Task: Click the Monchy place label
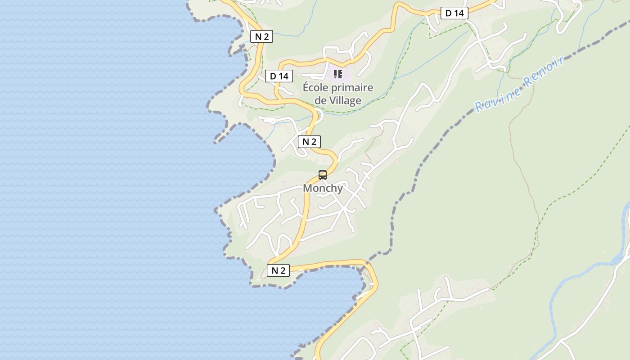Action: point(323,188)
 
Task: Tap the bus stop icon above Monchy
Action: point(323,175)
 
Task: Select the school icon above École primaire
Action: point(338,74)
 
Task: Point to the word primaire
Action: point(355,87)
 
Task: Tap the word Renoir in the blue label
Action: point(544,72)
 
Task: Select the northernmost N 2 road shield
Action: point(261,37)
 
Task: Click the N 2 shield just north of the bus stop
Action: point(309,142)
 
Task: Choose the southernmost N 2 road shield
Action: point(278,270)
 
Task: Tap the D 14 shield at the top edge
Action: point(454,13)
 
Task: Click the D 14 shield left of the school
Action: point(279,76)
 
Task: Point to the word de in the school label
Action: point(320,100)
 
